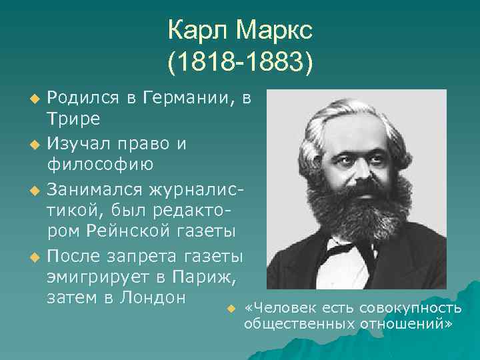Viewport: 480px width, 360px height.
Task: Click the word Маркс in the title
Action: pyautogui.click(x=275, y=30)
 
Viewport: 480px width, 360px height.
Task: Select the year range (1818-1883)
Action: pyautogui.click(x=240, y=63)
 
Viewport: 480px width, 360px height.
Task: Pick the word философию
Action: pyautogui.click(x=100, y=163)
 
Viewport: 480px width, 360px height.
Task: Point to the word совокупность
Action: pyautogui.click(x=410, y=307)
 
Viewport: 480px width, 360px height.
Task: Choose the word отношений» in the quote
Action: pyautogui.click(x=413, y=323)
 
